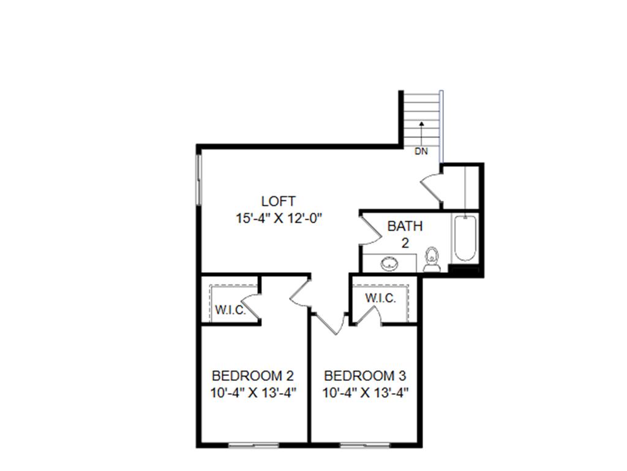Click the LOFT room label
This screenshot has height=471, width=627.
pyautogui.click(x=278, y=201)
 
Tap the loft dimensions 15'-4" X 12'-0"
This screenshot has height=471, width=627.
pyautogui.click(x=279, y=218)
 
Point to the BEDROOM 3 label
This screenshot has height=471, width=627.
pyautogui.click(x=365, y=375)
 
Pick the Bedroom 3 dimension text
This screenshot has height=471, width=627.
pyautogui.click(x=366, y=392)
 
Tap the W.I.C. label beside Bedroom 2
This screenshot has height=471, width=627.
pyautogui.click(x=230, y=310)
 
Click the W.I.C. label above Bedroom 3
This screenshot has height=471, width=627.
pyautogui.click(x=380, y=299)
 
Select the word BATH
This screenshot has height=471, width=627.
pyautogui.click(x=405, y=226)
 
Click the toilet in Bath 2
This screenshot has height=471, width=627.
pyautogui.click(x=432, y=259)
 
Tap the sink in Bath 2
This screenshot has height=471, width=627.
pyautogui.click(x=389, y=264)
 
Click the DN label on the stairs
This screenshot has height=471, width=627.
pyautogui.click(x=421, y=151)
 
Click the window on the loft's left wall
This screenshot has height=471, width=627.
pyautogui.click(x=198, y=178)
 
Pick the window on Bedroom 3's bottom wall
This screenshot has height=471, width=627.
pyautogui.click(x=364, y=445)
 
